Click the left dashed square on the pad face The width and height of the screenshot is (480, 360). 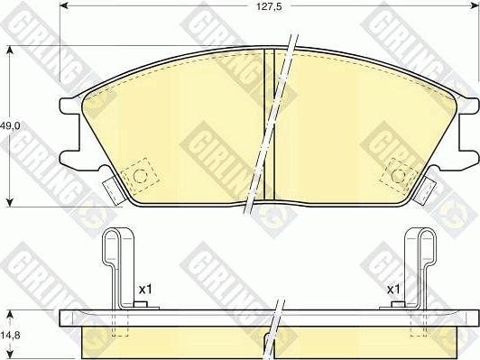140,174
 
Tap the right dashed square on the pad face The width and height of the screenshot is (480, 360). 398,174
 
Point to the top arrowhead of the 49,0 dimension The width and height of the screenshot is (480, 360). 10,50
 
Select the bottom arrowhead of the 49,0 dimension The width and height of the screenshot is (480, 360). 10,204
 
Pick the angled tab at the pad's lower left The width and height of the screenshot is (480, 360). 113,189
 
